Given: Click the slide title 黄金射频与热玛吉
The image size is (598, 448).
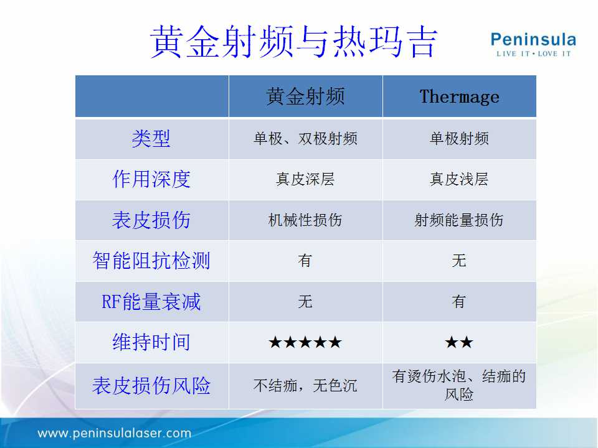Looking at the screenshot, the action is coord(293,42).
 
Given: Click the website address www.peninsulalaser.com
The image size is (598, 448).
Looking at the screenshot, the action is coord(115,433).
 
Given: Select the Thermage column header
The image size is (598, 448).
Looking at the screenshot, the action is coord(459,96).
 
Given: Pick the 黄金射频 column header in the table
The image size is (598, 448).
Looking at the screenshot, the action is coord(305,96).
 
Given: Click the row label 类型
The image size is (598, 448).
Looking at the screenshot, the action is coord(151,138).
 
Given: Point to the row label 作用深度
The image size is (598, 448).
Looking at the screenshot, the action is coord(151,179).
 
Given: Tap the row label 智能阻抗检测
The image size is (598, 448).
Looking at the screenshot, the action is coord(151,261).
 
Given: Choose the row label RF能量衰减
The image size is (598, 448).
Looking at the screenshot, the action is coord(151,301).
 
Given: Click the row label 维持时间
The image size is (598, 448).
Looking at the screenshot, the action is coord(151,342).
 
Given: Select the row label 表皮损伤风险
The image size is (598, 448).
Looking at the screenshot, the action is coord(151,385).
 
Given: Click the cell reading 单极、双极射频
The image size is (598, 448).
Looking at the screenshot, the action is coord(305,138).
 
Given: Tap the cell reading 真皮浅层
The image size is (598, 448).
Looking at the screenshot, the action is coord(459,179).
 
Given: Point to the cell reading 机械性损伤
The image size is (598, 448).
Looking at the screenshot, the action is coord(305,220).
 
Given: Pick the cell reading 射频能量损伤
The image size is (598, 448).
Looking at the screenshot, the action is coord(459,220).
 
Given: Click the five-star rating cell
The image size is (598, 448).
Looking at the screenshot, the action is coord(305,342).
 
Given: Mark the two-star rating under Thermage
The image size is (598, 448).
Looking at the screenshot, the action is coord(459,342).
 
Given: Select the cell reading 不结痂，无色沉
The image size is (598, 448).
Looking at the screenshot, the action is coord(305,386).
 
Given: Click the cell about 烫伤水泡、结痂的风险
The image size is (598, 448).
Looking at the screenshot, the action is coord(459,385).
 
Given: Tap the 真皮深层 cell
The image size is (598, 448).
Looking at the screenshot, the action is coord(305,179).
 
